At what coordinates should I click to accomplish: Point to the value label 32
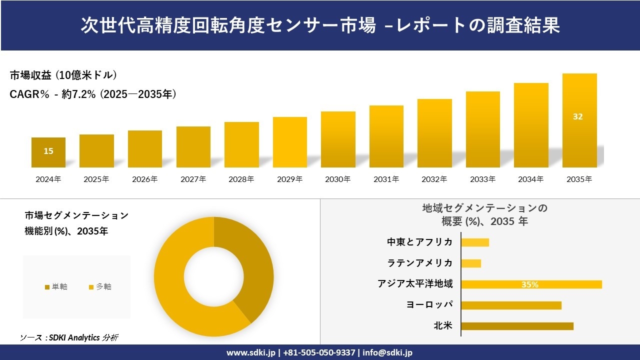coord(578,116)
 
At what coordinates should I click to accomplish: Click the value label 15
coord(48,151)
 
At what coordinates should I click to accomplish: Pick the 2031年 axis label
coord(386,179)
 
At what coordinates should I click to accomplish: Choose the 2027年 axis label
coord(193,179)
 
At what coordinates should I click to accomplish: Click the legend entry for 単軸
coord(56,286)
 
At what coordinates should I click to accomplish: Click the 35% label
coord(530,284)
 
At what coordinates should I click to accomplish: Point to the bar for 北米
coord(517,326)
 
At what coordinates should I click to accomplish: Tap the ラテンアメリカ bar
coord(471,263)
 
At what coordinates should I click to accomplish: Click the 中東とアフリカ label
coord(420,242)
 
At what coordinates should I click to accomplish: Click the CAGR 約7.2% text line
coord(93,94)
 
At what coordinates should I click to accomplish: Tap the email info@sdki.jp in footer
coord(387,352)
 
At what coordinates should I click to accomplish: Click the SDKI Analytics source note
coord(69,337)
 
